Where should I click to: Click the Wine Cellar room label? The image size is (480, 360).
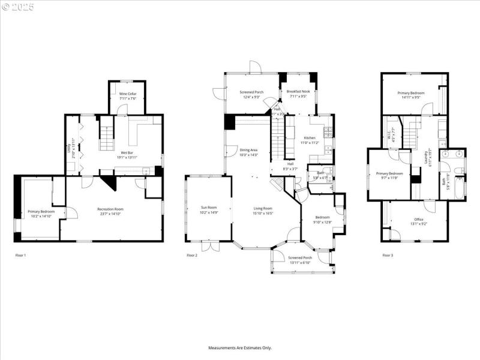click(127, 96)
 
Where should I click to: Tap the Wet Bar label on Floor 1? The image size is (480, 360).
click(127, 155)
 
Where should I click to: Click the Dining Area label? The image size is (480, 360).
click(248, 152)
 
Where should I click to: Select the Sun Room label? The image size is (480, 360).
click(209, 210)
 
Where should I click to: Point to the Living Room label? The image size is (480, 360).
click(263, 211)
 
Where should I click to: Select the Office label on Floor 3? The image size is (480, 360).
click(419, 221)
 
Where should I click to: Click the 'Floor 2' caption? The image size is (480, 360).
click(192, 256)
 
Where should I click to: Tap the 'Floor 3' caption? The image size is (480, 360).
click(388, 256)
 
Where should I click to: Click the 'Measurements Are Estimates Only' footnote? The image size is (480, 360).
click(240, 348)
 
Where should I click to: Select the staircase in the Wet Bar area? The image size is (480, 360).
click(106, 135)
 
